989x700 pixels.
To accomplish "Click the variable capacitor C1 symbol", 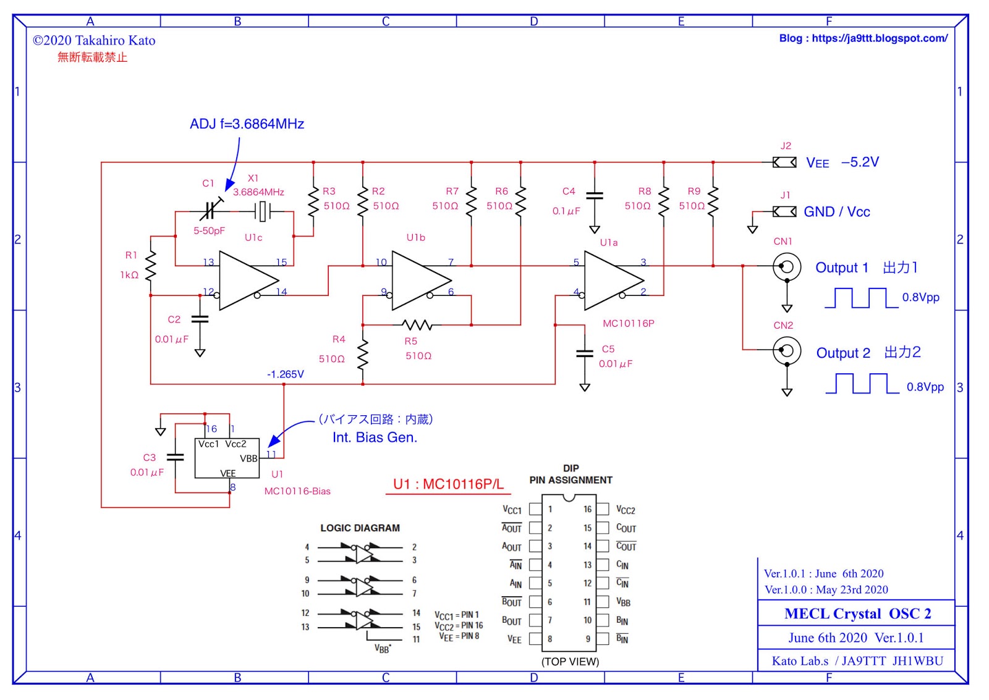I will pos(210,211).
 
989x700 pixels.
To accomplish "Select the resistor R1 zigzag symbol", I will pos(150,266).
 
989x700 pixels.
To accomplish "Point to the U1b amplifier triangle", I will pos(419,280).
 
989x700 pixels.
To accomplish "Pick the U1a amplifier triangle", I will pos(611,280).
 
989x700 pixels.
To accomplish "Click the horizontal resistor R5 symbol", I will pos(417,324).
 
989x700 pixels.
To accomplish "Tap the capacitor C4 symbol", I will pos(595,195).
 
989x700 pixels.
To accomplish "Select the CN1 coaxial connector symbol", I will pos(786,267).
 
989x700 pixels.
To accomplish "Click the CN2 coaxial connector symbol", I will pos(786,350).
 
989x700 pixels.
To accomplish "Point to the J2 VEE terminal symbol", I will pos(784,162).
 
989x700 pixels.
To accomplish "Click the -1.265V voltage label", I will pos(285,374).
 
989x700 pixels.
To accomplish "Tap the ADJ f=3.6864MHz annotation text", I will pos(247,124).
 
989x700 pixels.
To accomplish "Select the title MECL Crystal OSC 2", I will pos(857,614).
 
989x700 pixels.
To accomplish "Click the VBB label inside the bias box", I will pos(248,458).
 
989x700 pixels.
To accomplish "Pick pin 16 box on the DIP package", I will pos(603,509).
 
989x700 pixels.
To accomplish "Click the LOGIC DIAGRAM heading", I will pos(360,528).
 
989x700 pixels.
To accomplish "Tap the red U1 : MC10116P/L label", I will pos(448,484).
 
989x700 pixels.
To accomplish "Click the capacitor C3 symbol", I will pos(176,458).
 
